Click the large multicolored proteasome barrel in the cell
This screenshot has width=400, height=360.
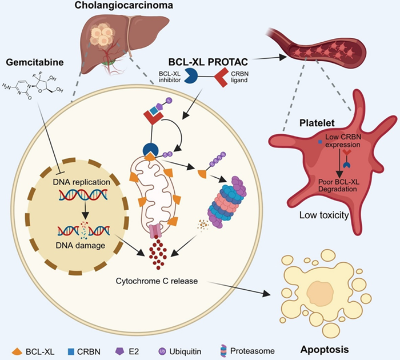click(x=233, y=199)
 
